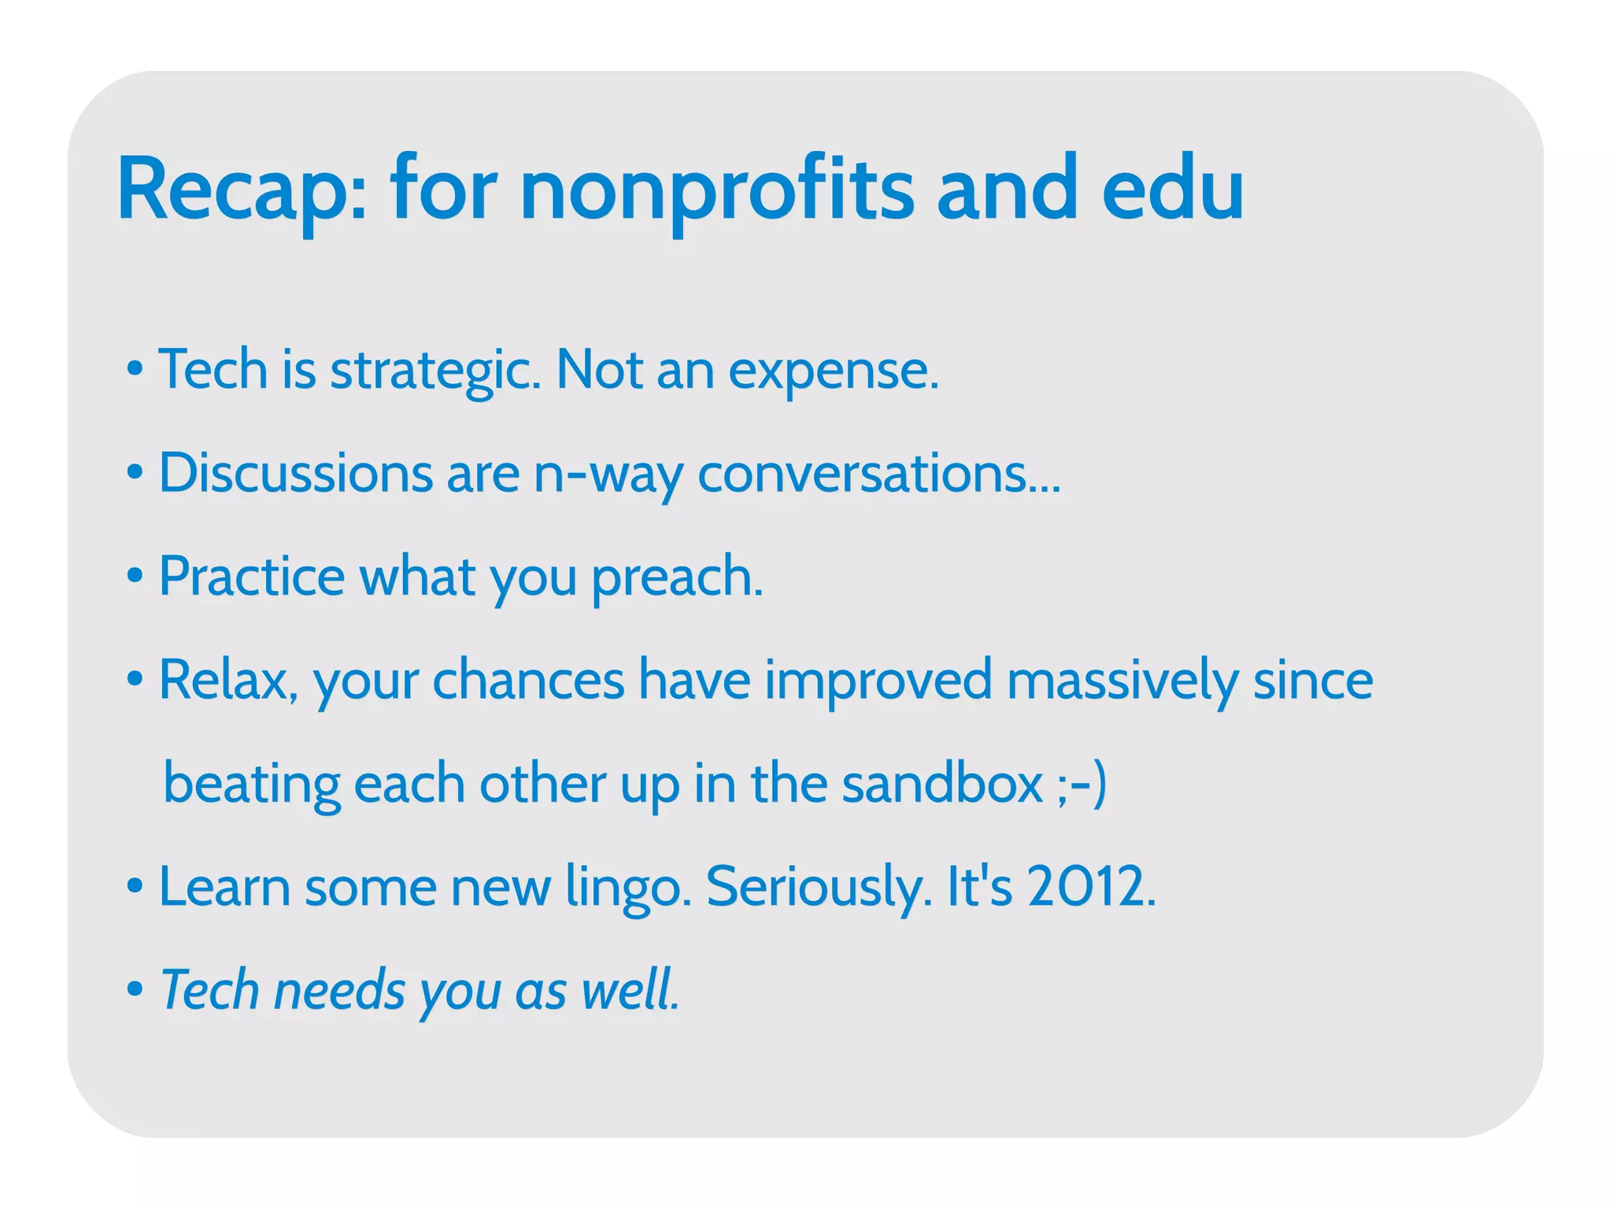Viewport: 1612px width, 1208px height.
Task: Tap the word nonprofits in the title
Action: [x=717, y=189]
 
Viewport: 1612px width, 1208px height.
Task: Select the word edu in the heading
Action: [x=1172, y=189]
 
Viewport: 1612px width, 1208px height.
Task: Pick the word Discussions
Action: [x=296, y=473]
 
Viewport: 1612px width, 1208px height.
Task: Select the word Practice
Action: [x=252, y=576]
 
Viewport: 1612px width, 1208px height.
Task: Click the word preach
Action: [x=677, y=578]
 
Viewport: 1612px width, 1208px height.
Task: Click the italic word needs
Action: [x=339, y=990]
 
